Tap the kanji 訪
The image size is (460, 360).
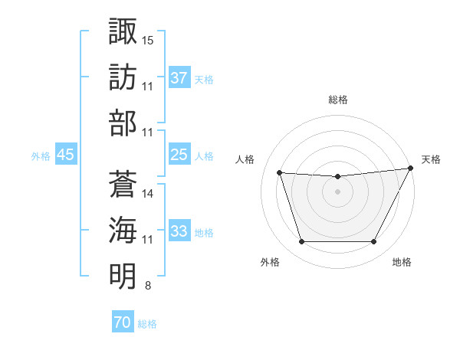pos(123,77)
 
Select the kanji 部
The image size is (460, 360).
pos(123,123)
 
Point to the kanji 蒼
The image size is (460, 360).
pos(123,183)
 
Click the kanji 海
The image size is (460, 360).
pos(123,230)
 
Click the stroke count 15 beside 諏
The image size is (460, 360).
pos(148,39)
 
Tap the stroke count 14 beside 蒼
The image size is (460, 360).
pos(148,194)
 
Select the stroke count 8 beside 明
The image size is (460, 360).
pos(147,286)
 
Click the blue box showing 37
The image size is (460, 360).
pos(179,77)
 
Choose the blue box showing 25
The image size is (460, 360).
pos(179,155)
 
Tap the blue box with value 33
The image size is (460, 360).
pos(179,231)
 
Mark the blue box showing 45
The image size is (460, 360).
pos(65,155)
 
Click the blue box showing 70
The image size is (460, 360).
pos(122,322)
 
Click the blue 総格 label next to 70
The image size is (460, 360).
pos(147,324)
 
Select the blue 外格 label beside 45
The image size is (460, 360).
pos(41,156)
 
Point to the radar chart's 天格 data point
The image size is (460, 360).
pos(411,169)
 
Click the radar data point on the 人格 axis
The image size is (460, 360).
pos(280,173)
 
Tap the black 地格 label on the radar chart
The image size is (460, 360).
pos(402,262)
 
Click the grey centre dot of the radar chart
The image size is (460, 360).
pos(337,192)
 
